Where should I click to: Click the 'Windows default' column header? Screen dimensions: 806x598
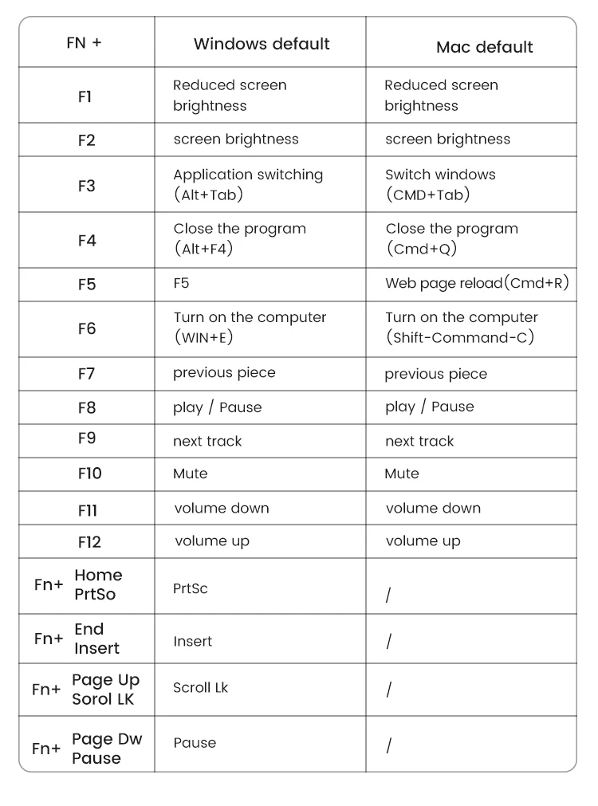(x=262, y=44)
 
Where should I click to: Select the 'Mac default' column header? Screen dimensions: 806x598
(x=484, y=47)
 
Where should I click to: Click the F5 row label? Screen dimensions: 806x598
(x=86, y=285)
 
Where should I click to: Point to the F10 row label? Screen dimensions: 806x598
(x=89, y=474)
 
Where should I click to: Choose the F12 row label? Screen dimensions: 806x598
(x=89, y=542)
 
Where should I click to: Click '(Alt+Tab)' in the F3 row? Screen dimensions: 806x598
(x=208, y=195)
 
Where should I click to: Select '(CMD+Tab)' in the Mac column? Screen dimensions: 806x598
(x=427, y=195)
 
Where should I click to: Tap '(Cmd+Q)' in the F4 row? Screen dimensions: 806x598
(x=422, y=249)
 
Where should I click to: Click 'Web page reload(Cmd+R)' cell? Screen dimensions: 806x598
(x=477, y=284)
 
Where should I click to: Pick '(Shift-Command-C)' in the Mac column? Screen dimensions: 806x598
(x=459, y=337)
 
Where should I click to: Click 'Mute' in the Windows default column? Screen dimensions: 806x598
(x=190, y=474)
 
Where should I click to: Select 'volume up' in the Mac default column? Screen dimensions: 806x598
(x=423, y=541)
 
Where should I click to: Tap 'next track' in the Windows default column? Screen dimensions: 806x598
(x=207, y=441)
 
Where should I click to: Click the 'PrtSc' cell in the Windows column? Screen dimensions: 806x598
(x=190, y=588)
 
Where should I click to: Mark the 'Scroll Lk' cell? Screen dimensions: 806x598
(x=200, y=687)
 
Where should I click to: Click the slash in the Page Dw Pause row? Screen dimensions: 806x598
(x=388, y=746)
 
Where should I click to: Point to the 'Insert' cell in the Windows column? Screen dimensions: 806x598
(x=192, y=641)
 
